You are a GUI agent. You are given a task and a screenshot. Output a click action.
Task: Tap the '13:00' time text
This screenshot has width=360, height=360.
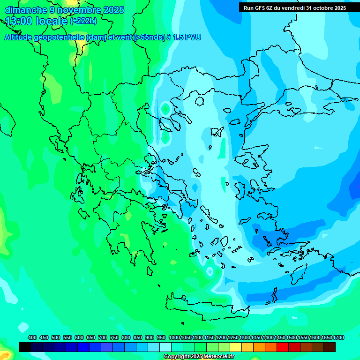point(18,21)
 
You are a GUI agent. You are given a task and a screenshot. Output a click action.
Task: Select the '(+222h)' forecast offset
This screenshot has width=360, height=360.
point(83,21)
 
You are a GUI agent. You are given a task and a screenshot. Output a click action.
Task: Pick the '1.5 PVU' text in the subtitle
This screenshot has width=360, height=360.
point(187,37)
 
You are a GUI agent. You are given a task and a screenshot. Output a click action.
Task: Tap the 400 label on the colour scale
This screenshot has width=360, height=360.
point(32,338)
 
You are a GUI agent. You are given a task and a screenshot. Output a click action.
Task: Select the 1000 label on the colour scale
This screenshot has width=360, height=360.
point(174,338)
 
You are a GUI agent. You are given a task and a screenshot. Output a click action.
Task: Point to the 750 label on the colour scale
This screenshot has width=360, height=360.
point(114,338)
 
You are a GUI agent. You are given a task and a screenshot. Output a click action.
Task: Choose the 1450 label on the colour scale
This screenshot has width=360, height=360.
point(280,338)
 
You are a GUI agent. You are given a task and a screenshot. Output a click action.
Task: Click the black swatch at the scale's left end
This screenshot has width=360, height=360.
point(25,347)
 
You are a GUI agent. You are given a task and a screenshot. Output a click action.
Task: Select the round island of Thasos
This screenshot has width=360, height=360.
point(200,101)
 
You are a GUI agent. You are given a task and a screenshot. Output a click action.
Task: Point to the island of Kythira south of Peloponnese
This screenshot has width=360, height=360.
point(150,271)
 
